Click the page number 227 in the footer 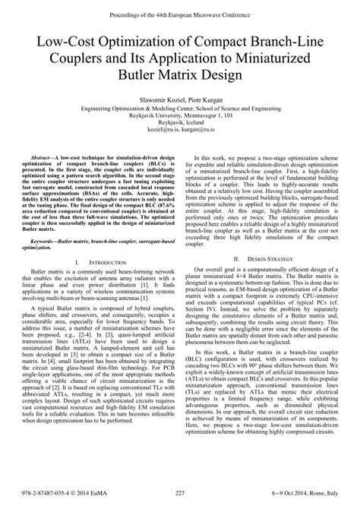point(180,494)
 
